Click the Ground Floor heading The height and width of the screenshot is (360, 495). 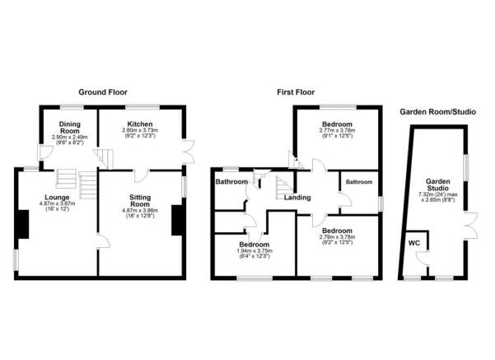point(103,92)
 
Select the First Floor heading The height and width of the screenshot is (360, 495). point(296,92)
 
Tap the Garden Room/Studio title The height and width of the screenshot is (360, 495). point(438,112)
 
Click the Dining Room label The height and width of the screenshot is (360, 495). point(70,128)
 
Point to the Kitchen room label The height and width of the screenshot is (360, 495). point(140,124)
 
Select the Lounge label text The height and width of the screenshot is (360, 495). point(57,198)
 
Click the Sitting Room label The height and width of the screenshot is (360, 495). point(140,200)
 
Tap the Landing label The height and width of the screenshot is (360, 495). point(297,198)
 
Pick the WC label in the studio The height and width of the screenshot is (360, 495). point(414,243)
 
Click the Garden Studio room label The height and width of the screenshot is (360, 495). point(438,185)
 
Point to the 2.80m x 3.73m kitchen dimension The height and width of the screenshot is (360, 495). point(140,130)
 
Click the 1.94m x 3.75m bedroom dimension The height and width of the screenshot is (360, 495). point(255,250)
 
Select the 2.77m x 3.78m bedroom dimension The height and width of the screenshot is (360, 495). point(337,130)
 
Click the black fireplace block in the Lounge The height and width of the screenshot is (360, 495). point(23,224)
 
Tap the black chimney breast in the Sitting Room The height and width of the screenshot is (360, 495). point(177,221)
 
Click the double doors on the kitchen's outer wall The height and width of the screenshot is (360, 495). point(189,152)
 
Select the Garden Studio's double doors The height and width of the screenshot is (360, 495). point(470,226)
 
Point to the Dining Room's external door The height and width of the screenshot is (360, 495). point(45,152)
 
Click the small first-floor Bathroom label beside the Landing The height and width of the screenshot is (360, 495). point(359,182)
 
